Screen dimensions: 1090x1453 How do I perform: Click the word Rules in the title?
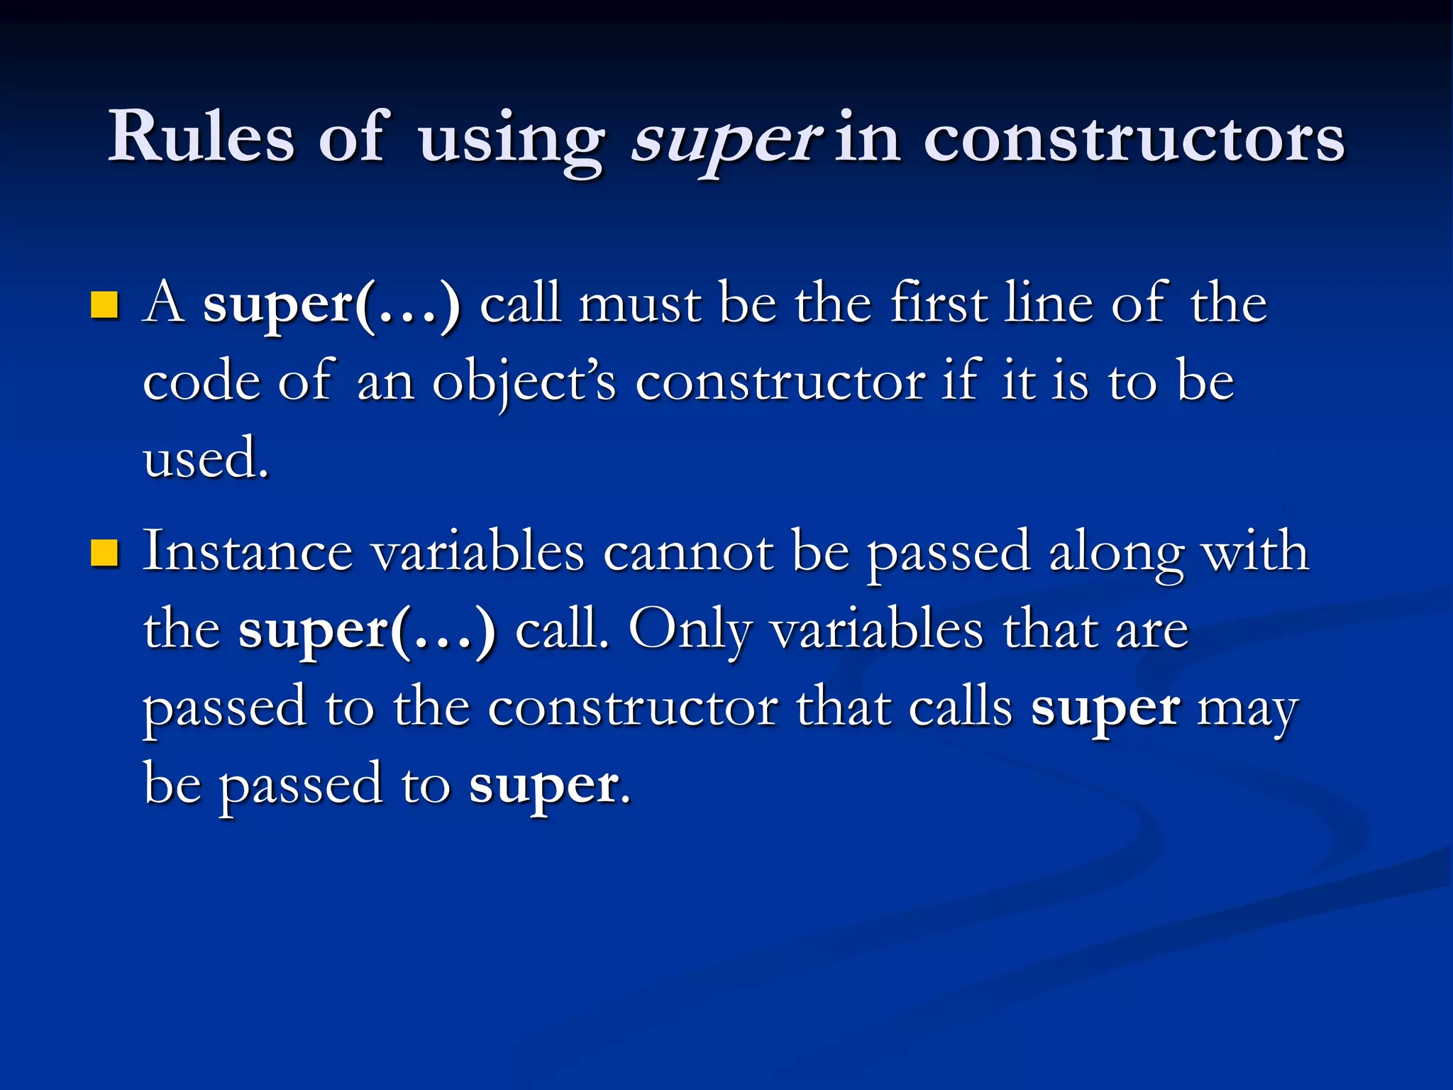[201, 137]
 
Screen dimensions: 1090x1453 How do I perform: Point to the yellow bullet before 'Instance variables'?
[104, 553]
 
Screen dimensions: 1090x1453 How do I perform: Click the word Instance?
[248, 552]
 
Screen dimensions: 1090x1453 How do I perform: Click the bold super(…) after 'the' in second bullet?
[367, 631]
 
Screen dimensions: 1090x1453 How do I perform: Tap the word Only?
[690, 631]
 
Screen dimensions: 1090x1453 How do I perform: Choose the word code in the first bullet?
[201, 382]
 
